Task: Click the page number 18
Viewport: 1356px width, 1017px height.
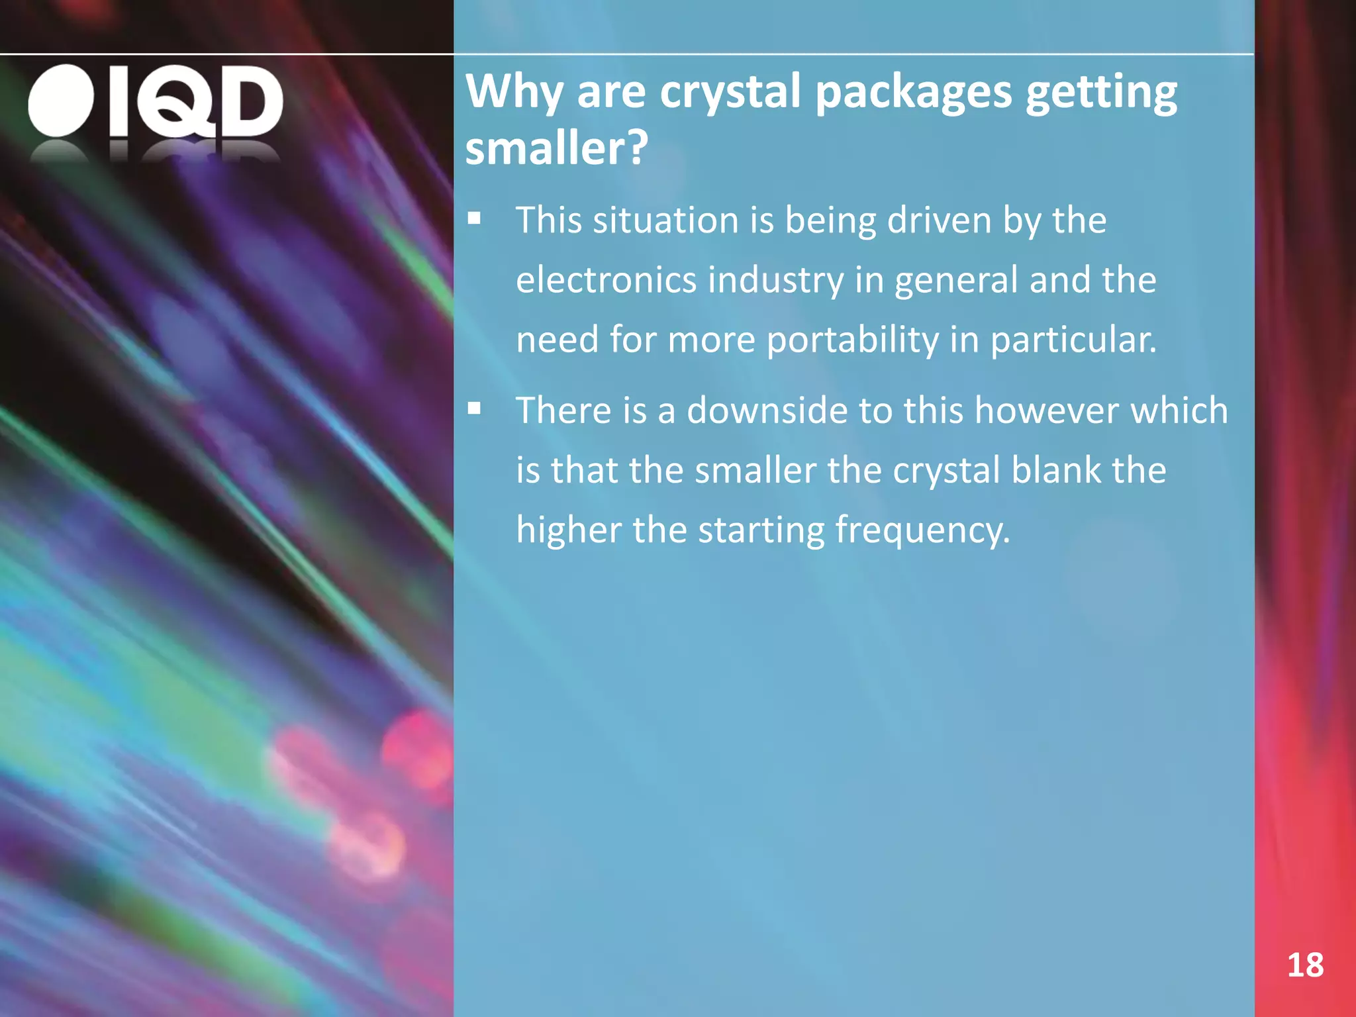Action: click(1305, 965)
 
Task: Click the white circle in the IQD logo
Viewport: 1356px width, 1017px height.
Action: click(61, 101)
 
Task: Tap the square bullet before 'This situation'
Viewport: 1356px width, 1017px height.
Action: click(474, 218)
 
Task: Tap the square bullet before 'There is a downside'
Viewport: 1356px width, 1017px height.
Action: click(474, 409)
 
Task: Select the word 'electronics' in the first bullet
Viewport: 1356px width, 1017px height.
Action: click(606, 279)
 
